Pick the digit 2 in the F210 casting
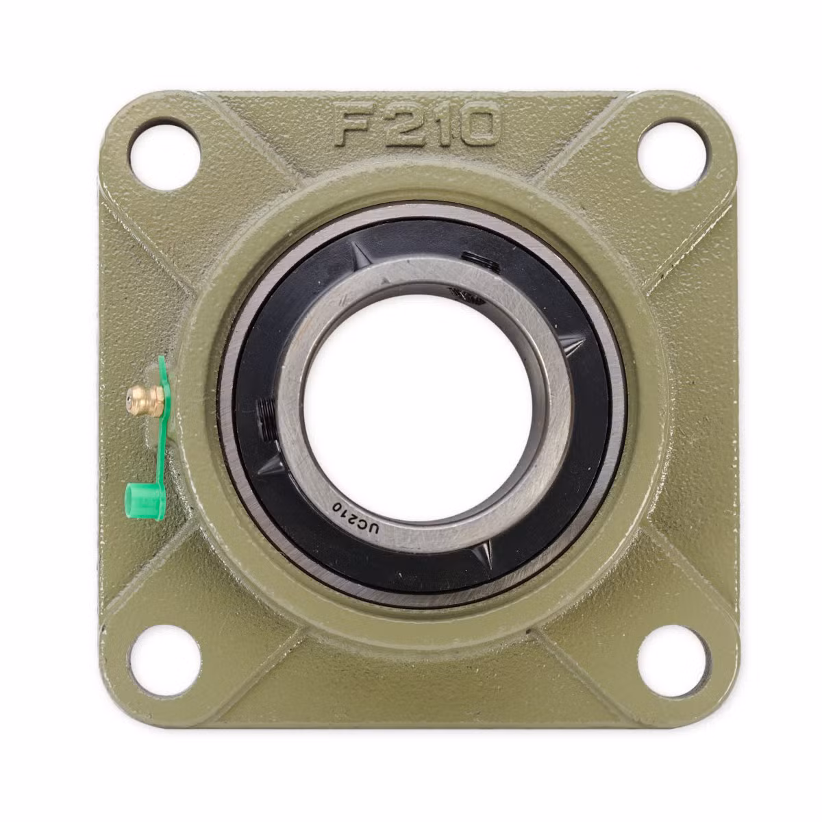click(401, 125)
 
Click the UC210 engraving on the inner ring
click(356, 518)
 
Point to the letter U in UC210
click(374, 527)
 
